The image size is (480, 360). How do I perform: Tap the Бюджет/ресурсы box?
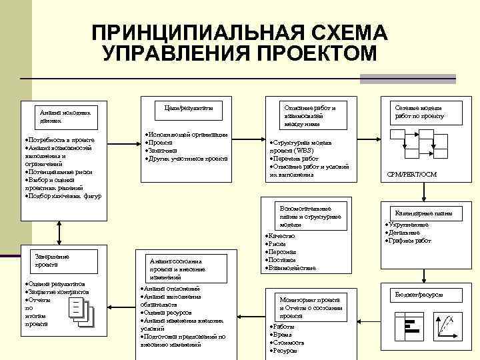click(x=419, y=294)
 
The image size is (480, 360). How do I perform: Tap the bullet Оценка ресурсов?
click(x=167, y=313)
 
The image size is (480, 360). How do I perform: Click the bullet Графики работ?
click(x=412, y=240)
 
